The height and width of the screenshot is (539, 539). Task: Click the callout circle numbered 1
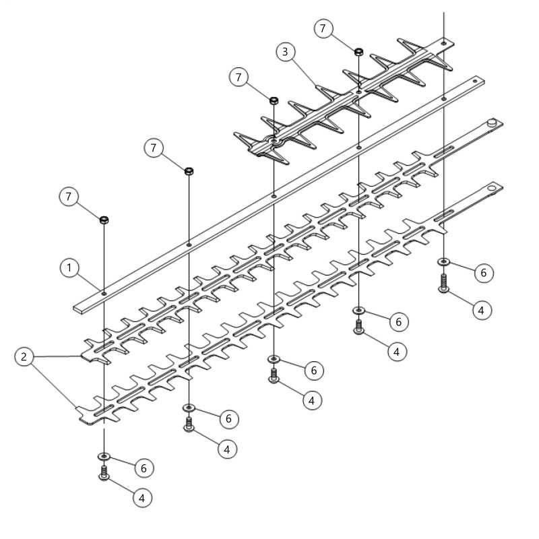pos(69,267)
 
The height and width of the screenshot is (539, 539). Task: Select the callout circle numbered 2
pos(24,356)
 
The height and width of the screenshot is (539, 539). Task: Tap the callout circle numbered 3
pos(286,52)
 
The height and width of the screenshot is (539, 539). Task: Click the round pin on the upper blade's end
pos(492,122)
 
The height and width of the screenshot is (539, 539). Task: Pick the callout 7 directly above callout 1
pos(69,196)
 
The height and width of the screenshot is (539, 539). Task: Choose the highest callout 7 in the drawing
pos(323,28)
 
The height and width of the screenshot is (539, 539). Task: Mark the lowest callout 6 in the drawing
pos(144,468)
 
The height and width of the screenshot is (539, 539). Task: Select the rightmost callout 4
pos(481,310)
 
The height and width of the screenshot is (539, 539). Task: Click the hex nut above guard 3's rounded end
pos(274,101)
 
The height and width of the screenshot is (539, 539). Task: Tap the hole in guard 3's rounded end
pos(274,141)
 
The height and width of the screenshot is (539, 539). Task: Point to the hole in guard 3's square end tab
pos(444,44)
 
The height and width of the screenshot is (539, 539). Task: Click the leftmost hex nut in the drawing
pos(104,220)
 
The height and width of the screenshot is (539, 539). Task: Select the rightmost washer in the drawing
pos(443,262)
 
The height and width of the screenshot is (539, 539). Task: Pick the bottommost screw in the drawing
pos(104,473)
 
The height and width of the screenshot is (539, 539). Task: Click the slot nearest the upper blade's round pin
pos(443,152)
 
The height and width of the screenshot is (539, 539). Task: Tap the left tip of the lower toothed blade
pos(76,409)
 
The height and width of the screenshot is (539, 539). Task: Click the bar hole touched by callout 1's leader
pos(104,294)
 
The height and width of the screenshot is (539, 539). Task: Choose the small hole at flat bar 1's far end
pos(475,81)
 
